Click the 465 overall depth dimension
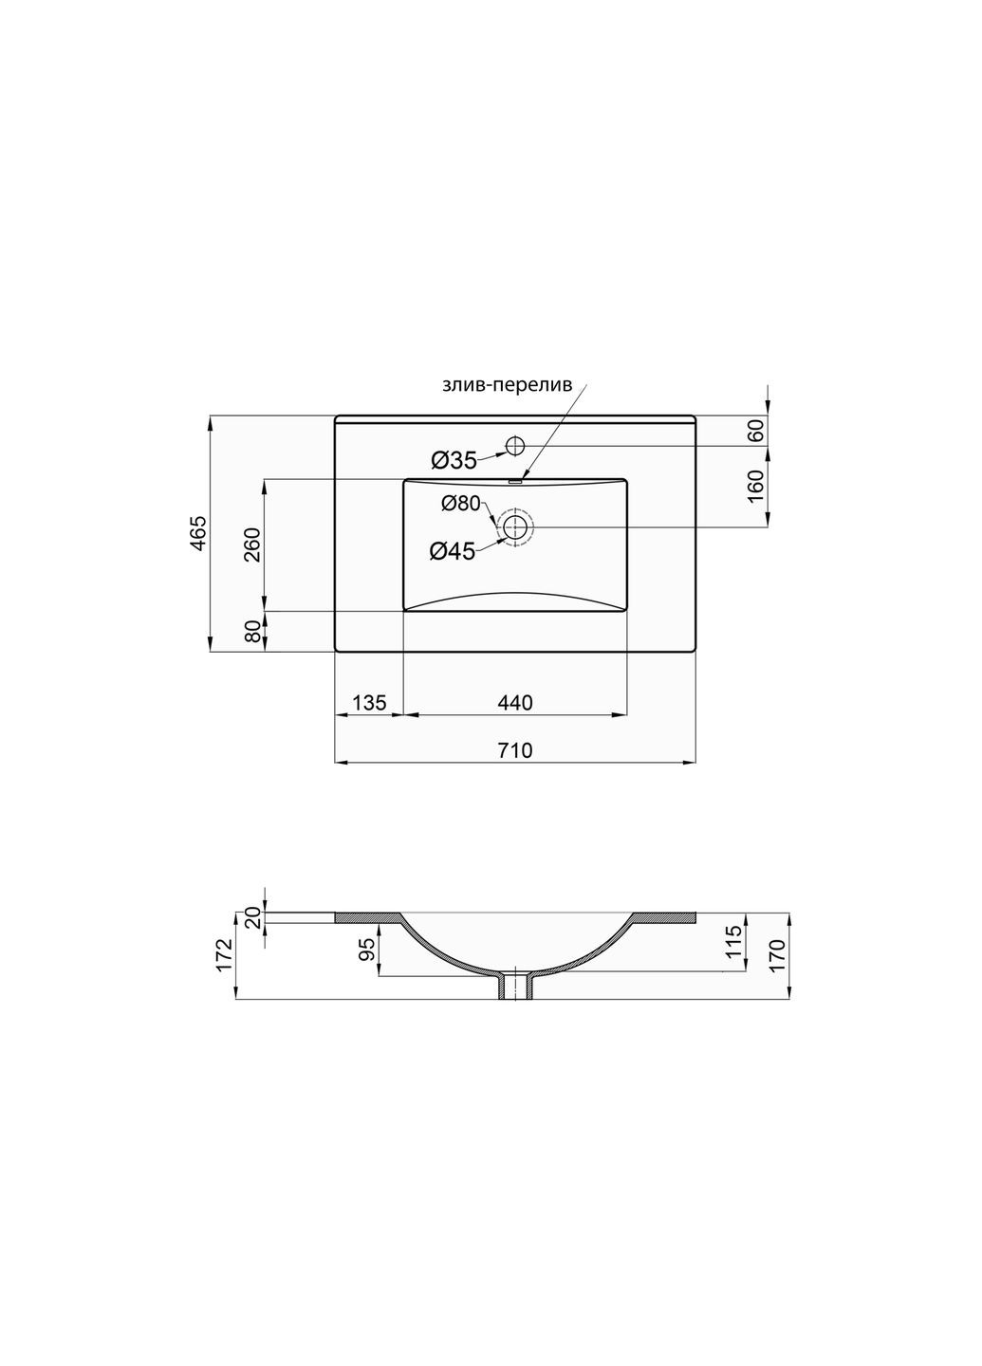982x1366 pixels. (x=197, y=534)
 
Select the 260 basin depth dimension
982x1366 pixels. (x=252, y=544)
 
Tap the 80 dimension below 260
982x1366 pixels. (x=252, y=632)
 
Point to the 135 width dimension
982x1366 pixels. (x=369, y=703)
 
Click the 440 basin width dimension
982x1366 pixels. (x=514, y=703)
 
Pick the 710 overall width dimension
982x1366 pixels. (x=514, y=750)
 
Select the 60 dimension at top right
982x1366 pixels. (x=756, y=431)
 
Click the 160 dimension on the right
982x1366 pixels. (x=756, y=486)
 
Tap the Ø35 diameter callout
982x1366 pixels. (x=454, y=461)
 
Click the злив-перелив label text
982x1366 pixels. (x=507, y=386)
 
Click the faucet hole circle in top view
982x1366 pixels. (x=515, y=446)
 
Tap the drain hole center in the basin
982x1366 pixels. (x=515, y=527)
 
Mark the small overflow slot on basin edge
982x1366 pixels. (x=515, y=481)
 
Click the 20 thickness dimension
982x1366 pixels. (x=252, y=916)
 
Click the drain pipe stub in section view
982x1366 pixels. (x=515, y=987)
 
